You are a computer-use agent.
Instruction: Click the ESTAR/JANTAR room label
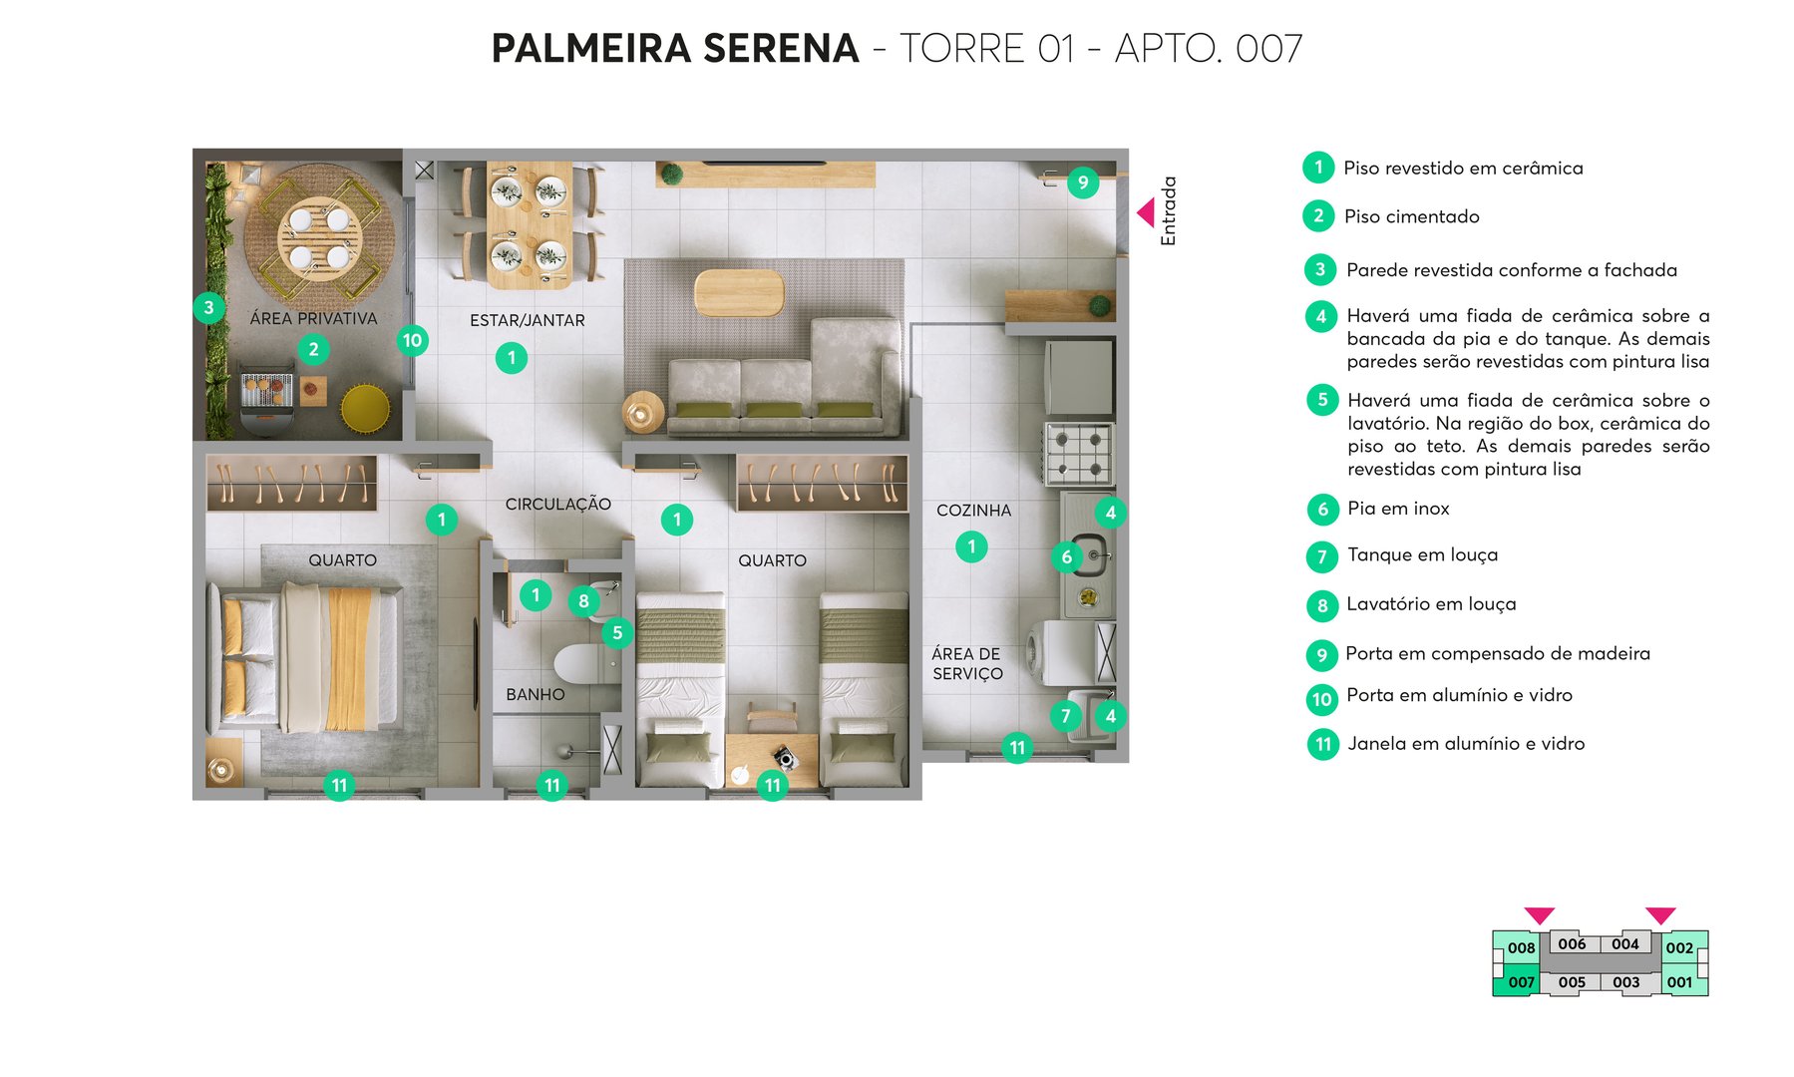tap(527, 320)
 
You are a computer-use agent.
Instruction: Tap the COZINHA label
tap(973, 510)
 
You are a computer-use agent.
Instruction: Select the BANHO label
tap(535, 694)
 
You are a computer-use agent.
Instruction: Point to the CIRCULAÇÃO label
tap(557, 504)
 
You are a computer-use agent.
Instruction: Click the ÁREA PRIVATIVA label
tap(313, 318)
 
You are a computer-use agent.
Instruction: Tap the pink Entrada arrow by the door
tap(1146, 212)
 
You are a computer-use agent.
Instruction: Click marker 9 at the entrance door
tap(1082, 182)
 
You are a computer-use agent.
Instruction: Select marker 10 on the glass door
tap(412, 340)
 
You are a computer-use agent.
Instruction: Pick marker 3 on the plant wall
tap(208, 307)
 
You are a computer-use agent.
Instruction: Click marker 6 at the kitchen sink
tap(1066, 556)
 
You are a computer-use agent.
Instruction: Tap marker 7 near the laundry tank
tap(1065, 715)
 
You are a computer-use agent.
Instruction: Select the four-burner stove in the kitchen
tap(1079, 454)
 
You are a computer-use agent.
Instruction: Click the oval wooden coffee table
tap(739, 292)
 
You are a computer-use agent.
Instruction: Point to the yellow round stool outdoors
tap(365, 408)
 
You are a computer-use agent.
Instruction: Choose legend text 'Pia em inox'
tap(1398, 509)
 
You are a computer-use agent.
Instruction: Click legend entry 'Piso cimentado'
tap(1411, 216)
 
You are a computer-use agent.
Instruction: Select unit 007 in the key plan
tap(1520, 981)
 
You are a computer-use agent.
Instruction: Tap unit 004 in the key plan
tap(1624, 943)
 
